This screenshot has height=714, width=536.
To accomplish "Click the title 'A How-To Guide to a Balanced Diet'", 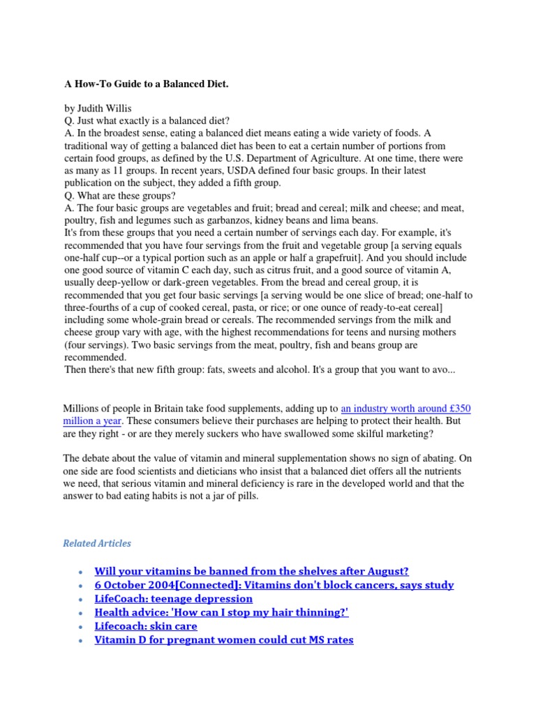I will (x=147, y=84).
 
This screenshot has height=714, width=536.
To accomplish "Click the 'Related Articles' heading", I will (x=97, y=543).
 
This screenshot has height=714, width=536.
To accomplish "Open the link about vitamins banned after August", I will (x=251, y=571).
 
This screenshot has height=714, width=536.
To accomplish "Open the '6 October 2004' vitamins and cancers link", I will (x=274, y=585).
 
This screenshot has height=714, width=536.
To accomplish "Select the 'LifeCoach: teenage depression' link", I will (x=174, y=599).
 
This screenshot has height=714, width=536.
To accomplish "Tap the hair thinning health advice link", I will (x=221, y=612).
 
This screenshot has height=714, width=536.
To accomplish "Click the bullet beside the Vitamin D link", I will (x=82, y=640).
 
